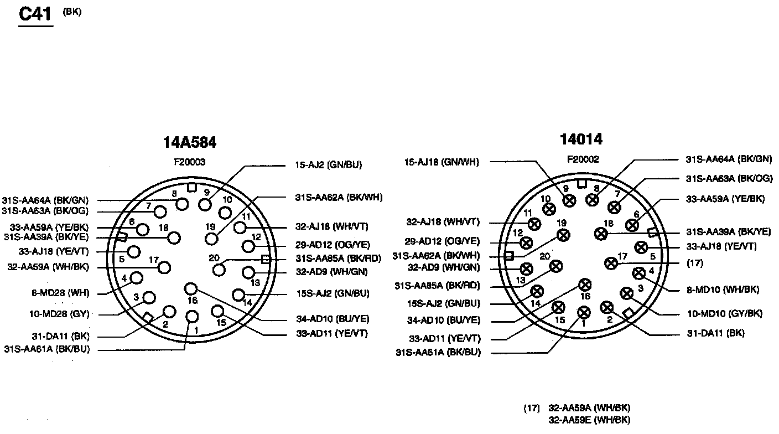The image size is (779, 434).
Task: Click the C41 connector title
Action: pyautogui.click(x=35, y=14)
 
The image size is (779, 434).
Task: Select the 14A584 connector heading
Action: pyautogui.click(x=189, y=143)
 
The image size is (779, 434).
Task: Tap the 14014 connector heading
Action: pyautogui.click(x=580, y=139)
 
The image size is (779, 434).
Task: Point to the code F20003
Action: pyautogui.click(x=189, y=162)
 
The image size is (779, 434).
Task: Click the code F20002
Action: pyautogui.click(x=583, y=159)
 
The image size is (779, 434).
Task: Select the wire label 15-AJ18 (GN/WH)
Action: pyautogui.click(x=442, y=162)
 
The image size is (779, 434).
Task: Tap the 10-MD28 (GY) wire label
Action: pyautogui.click(x=59, y=314)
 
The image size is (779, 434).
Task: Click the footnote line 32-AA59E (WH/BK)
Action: pyautogui.click(x=589, y=420)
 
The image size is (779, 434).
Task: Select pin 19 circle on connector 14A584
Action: pyautogui.click(x=211, y=239)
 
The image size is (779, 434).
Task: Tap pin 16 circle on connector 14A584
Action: pyautogui.click(x=191, y=288)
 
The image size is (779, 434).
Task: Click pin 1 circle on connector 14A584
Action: pyautogui.click(x=192, y=316)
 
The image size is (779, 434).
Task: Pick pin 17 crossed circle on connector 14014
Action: pyautogui.click(x=611, y=262)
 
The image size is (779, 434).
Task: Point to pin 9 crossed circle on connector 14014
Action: pyautogui.click(x=569, y=200)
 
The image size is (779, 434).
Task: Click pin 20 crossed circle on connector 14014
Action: pyautogui.click(x=555, y=267)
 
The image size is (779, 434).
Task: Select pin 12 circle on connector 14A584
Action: pyautogui.click(x=248, y=246)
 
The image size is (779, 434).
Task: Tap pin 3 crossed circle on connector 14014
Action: pyautogui.click(x=626, y=293)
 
